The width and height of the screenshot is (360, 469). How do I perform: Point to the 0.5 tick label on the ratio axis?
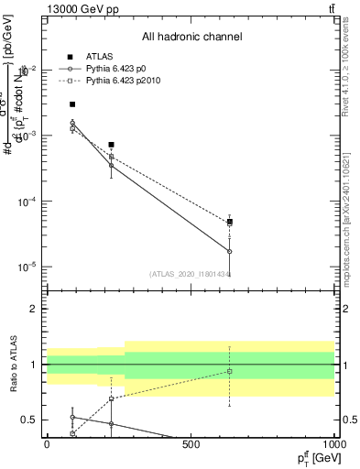point(29,420)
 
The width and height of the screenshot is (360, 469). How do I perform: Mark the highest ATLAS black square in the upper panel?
point(72,104)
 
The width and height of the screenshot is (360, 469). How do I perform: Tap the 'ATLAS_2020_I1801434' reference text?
point(190,273)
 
